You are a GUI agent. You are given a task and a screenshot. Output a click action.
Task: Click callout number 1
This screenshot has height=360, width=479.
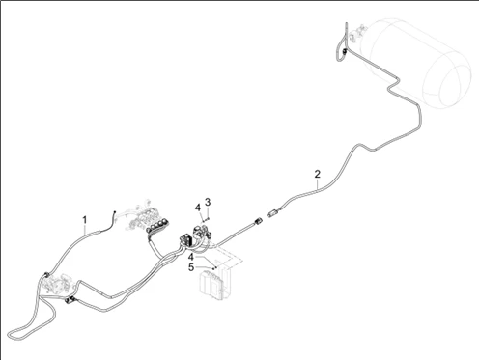point(85,220)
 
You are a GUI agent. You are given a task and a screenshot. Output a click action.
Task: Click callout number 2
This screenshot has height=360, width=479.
point(318,174)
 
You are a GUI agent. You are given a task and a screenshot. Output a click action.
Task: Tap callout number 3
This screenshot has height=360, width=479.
point(208,202)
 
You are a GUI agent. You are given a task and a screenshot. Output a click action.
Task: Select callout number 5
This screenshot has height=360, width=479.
point(191,267)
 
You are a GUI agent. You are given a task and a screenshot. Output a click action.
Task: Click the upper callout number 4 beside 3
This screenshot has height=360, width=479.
point(198,208)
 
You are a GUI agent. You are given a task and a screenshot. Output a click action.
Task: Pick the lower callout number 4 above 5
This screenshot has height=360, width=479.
point(191,257)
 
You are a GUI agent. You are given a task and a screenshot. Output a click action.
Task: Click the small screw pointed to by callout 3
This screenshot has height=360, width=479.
point(208,218)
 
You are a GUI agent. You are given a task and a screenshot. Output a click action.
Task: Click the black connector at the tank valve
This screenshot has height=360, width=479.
point(345,51)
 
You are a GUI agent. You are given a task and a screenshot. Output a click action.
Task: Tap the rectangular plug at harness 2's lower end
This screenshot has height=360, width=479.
point(272,212)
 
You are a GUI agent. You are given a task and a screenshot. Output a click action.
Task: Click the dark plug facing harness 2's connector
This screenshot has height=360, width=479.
point(258,221)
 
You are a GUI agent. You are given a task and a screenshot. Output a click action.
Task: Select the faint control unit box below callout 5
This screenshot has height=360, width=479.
point(215,282)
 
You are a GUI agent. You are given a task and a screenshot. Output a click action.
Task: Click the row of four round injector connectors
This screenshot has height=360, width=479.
point(157,226)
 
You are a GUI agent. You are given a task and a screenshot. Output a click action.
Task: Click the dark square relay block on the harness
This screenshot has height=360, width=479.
point(185,240)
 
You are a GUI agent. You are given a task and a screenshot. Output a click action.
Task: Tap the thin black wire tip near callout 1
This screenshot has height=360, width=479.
point(114,212)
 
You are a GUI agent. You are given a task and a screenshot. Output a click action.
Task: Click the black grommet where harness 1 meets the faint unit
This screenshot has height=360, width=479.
point(45,275)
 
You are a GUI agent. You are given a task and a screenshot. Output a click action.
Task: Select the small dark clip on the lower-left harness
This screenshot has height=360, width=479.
point(70,300)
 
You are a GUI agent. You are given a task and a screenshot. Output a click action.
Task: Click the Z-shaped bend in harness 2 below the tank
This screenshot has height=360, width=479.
point(394,85)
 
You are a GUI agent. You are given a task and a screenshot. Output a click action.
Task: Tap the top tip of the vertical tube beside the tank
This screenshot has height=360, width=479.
point(346,23)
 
